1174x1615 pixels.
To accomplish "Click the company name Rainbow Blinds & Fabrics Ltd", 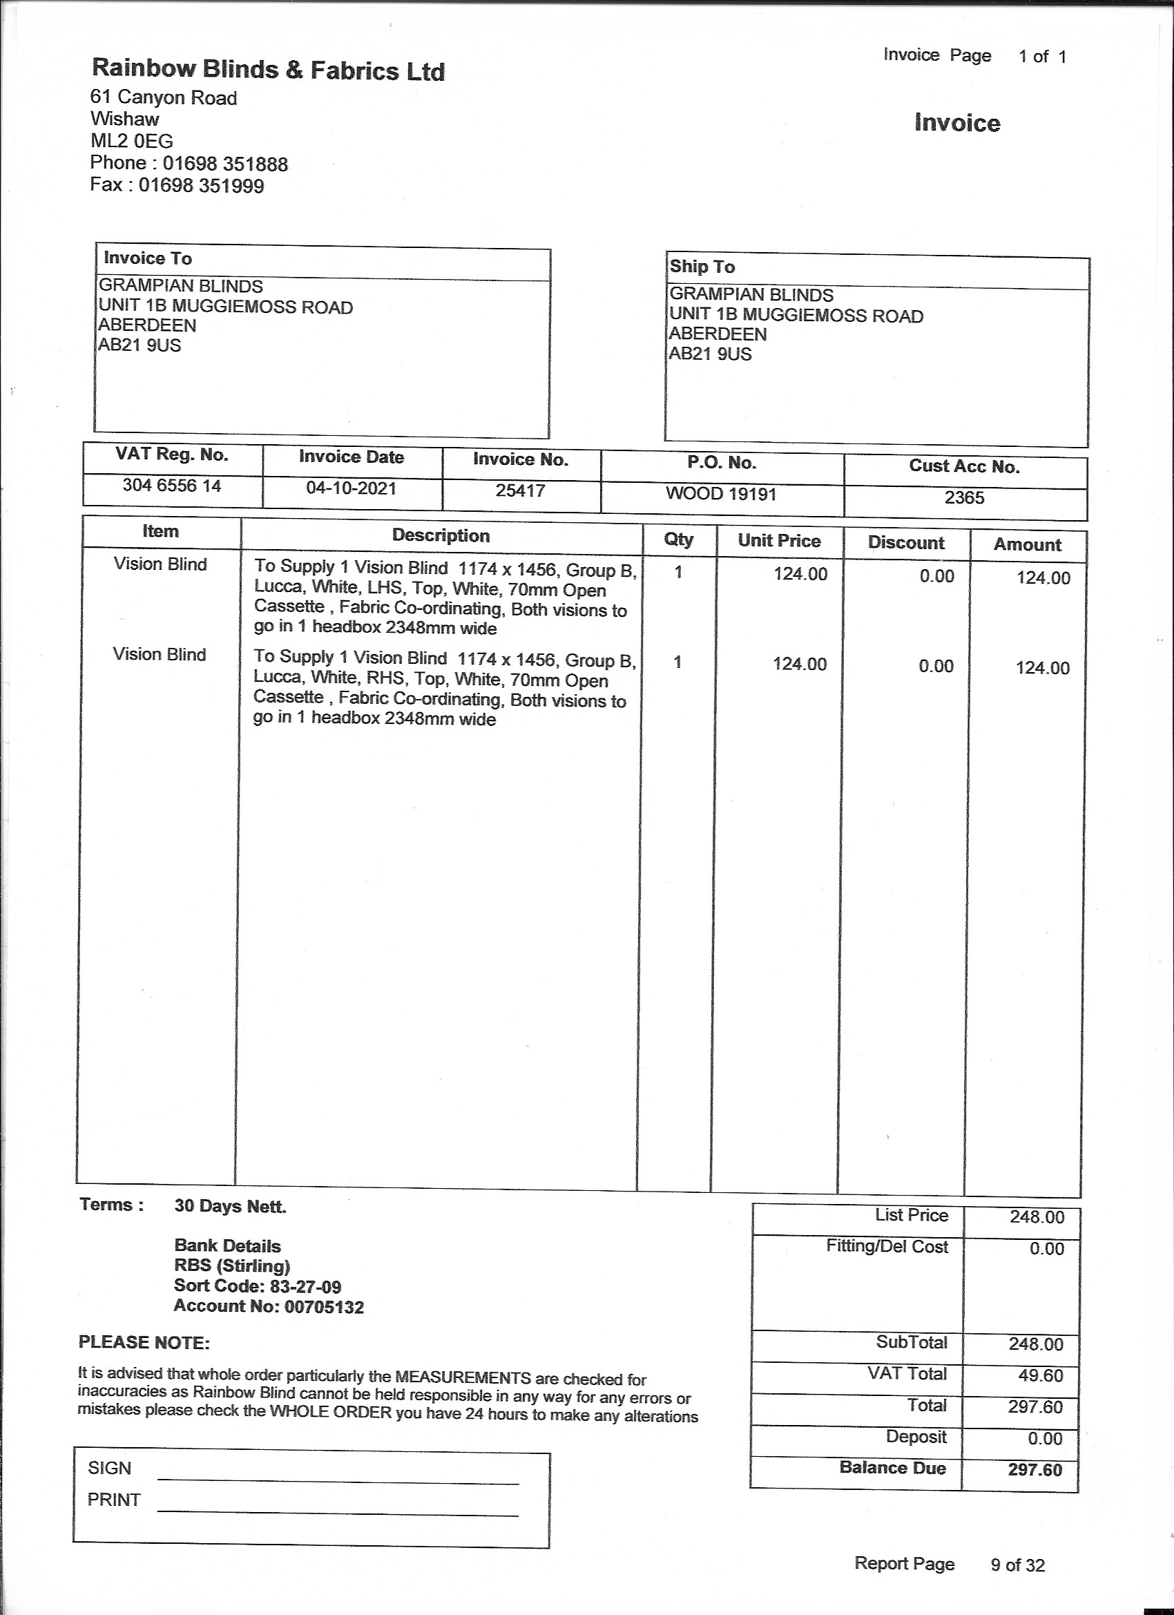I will coord(269,70).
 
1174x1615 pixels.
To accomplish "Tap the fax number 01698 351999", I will coord(201,186).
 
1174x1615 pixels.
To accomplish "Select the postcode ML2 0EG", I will coord(132,141).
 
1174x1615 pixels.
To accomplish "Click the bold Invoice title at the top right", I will coord(957,123).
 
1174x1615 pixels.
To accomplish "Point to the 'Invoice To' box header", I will coord(148,258).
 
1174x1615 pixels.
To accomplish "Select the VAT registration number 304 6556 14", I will coord(171,486).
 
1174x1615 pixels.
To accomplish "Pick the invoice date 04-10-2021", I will coord(351,488).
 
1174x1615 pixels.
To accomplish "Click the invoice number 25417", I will coord(521,490).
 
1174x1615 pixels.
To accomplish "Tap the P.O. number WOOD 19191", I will coord(720,494).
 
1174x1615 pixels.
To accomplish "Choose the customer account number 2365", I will coord(964,498).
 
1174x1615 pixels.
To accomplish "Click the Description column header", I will coord(441,535).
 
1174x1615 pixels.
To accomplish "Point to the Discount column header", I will coord(905,543).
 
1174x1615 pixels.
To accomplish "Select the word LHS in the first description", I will coord(385,590).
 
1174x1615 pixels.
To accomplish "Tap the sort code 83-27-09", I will coord(305,1287).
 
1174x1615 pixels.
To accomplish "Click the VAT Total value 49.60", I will coord(1040,1375).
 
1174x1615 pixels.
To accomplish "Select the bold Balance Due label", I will coord(892,1468).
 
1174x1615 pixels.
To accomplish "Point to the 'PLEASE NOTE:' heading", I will coord(144,1342).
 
